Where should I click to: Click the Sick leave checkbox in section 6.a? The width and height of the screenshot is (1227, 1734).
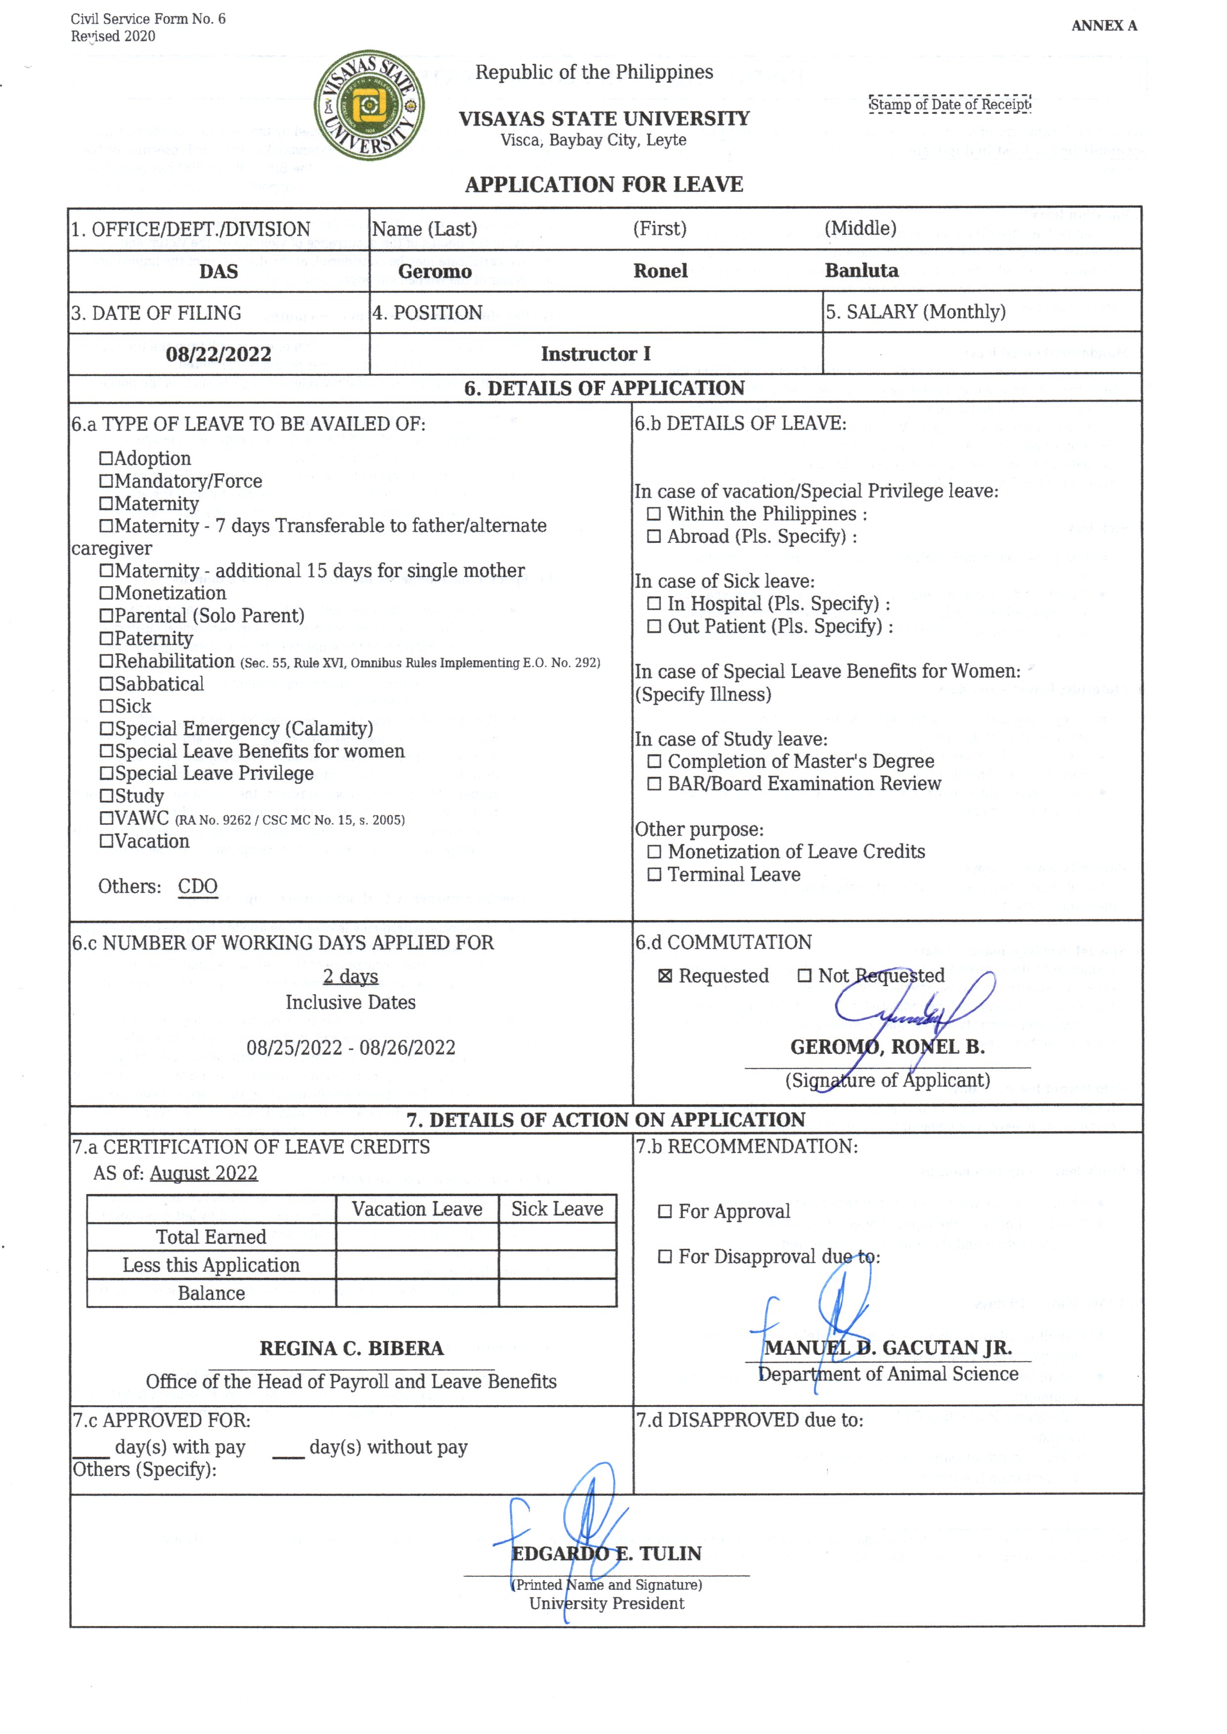[106, 707]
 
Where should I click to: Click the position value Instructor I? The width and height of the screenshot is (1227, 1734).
[595, 354]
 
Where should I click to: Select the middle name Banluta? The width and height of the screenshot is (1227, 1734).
[862, 271]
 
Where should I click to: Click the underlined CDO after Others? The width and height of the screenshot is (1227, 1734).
[198, 886]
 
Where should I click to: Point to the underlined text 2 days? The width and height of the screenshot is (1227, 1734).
[351, 977]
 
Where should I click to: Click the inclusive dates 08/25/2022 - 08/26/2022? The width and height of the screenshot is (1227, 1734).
[351, 1048]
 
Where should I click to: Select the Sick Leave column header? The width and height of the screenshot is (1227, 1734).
[557, 1209]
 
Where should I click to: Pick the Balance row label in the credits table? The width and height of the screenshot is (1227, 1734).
[212, 1294]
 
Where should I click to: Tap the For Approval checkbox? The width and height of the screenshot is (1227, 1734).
[665, 1211]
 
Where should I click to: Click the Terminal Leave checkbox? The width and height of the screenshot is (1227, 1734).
[654, 875]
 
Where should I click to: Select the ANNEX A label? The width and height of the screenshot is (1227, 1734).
[1104, 26]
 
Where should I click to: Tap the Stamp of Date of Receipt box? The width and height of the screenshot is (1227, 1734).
[950, 104]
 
